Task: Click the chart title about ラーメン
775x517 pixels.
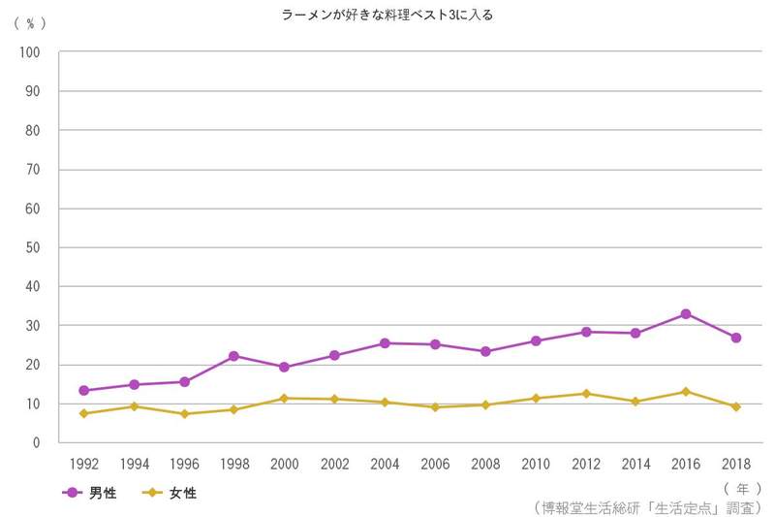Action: [387, 15]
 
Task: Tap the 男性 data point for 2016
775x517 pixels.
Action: [686, 314]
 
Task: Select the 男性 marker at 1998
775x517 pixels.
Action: [233, 356]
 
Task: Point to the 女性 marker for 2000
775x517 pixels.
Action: [284, 398]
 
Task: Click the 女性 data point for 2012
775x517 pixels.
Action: [585, 394]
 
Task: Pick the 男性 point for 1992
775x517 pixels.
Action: [84, 390]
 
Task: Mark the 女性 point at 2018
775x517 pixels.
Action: [736, 406]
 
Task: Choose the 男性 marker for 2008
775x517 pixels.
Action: [484, 351]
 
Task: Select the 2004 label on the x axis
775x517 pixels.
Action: [385, 464]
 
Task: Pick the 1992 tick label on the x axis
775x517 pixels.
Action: [84, 464]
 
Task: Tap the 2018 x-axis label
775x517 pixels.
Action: [736, 464]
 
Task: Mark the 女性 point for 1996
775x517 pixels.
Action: [184, 414]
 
